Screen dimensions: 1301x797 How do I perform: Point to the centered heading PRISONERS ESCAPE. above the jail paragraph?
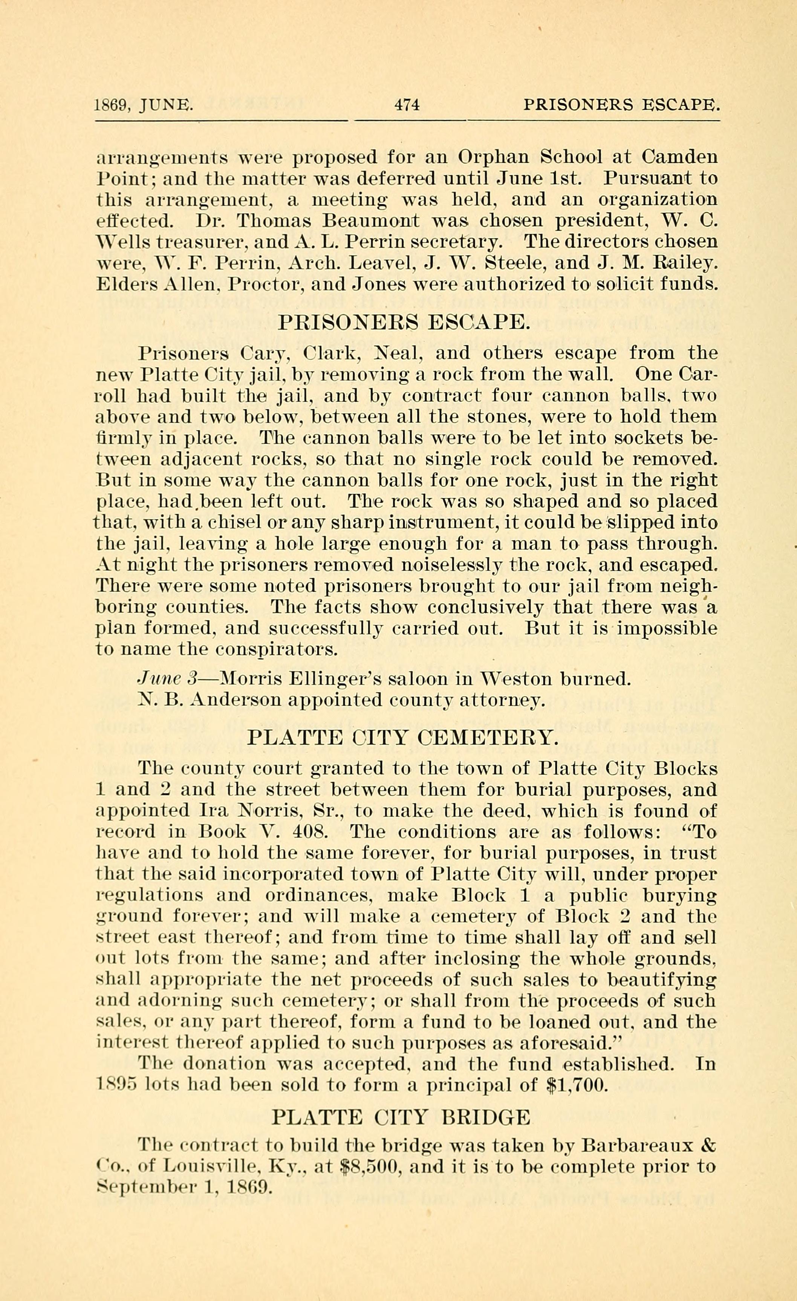(x=403, y=321)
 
